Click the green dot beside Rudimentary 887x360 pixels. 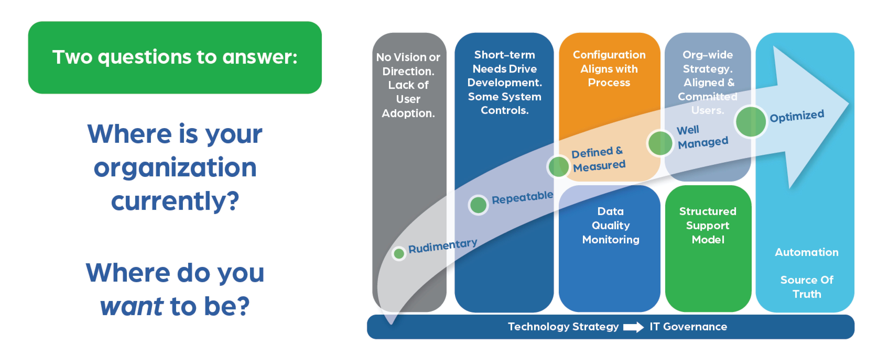click(x=399, y=254)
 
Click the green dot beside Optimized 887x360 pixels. click(x=751, y=122)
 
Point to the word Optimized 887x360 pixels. click(x=797, y=116)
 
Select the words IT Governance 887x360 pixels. click(x=688, y=327)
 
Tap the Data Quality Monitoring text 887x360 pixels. click(x=610, y=225)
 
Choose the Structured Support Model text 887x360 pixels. click(x=708, y=225)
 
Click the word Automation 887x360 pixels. click(x=806, y=252)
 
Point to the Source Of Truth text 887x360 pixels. click(x=806, y=287)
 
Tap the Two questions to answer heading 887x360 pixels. click(x=175, y=57)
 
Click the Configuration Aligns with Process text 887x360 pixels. click(x=609, y=69)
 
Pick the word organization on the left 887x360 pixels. click(x=175, y=168)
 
